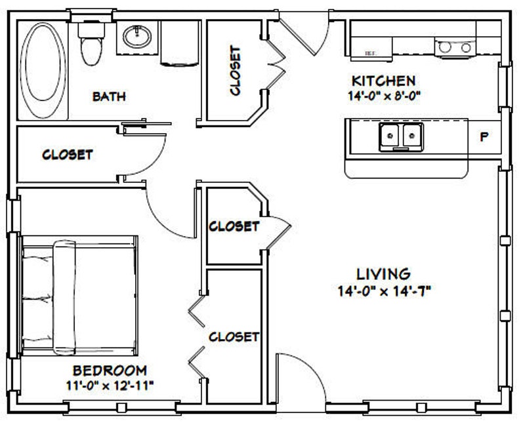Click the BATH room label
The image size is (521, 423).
109,96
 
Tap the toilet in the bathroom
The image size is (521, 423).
91,43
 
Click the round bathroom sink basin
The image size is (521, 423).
137,36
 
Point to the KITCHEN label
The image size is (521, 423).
383,81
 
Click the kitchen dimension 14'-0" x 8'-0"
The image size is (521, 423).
384,96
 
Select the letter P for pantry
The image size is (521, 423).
484,136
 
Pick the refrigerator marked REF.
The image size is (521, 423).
371,49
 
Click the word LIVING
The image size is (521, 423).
383,274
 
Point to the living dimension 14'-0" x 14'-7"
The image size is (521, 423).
384,292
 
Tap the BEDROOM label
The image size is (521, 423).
110,371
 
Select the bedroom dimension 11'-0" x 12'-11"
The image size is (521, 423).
110,386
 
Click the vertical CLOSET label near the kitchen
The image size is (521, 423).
235,71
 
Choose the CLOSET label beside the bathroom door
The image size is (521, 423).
68,155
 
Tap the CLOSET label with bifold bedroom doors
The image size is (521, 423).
234,337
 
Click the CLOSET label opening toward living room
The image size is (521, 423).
234,226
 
